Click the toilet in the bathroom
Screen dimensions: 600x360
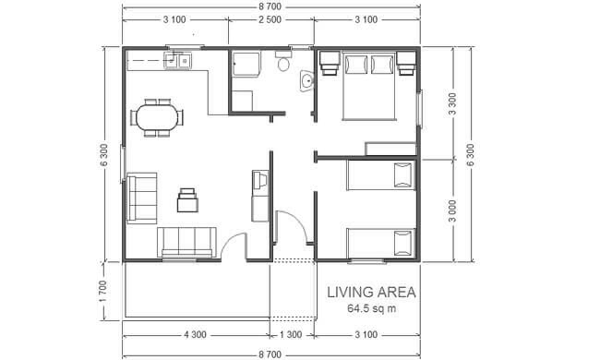pyautogui.click(x=283, y=60)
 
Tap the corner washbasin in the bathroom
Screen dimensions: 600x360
pyautogui.click(x=306, y=81)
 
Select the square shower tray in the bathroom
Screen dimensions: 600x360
pyautogui.click(x=246, y=64)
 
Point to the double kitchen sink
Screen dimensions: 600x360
pyautogui.click(x=178, y=60)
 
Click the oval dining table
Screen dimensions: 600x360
pyautogui.click(x=157, y=117)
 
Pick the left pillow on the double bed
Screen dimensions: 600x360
pyautogui.click(x=356, y=65)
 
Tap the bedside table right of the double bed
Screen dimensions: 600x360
pyautogui.click(x=406, y=64)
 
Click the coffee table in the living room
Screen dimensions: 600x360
pyautogui.click(x=187, y=200)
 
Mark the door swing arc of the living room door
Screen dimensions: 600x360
pyautogui.click(x=230, y=240)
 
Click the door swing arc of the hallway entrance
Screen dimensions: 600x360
pyautogui.click(x=296, y=221)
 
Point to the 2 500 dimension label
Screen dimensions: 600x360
pyautogui.click(x=270, y=19)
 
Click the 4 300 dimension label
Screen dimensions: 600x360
pyautogui.click(x=195, y=335)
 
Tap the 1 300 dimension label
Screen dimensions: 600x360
pyautogui.click(x=291, y=335)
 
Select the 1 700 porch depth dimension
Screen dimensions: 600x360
pyautogui.click(x=103, y=291)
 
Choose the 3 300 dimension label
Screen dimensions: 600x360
pyautogui.click(x=452, y=103)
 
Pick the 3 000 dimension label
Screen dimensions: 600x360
pyautogui.click(x=452, y=210)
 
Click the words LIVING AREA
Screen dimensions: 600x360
pyautogui.click(x=371, y=293)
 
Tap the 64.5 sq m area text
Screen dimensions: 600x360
pyautogui.click(x=372, y=308)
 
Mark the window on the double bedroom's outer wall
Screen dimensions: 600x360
pyautogui.click(x=419, y=109)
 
